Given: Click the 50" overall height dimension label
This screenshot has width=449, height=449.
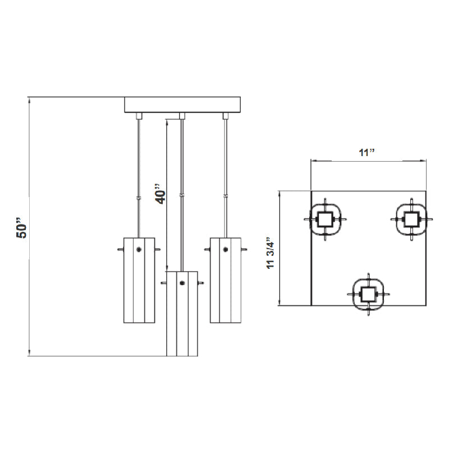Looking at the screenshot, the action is [x=22, y=228].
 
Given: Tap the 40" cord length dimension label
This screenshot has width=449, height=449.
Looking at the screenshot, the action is [x=161, y=194].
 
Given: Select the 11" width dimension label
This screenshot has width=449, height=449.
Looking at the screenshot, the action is [x=367, y=152].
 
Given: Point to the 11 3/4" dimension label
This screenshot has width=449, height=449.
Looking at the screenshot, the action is [x=271, y=253].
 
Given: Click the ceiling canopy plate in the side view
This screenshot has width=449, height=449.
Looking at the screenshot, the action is [x=182, y=105].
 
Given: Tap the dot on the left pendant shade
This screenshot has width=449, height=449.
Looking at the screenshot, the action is [x=139, y=249].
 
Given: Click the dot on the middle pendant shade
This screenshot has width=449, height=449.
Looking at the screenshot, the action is [x=182, y=283].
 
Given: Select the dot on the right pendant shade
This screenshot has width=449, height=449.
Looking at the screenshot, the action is [x=226, y=249].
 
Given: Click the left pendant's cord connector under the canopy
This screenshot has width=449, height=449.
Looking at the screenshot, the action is [x=139, y=116].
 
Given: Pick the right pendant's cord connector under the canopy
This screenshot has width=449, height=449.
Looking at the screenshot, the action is [x=226, y=116].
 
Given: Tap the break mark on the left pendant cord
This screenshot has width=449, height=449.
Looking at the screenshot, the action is [x=139, y=198].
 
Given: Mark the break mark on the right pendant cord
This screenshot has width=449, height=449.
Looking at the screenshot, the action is [x=226, y=196].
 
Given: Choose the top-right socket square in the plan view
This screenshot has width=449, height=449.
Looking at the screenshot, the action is [x=411, y=219].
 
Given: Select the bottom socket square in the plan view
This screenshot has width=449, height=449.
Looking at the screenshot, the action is [x=369, y=294].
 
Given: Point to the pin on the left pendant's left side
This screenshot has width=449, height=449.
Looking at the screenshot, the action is [x=121, y=249].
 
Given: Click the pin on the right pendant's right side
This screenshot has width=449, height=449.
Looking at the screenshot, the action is [x=244, y=249].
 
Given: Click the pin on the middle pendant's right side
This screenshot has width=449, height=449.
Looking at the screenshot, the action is [x=201, y=283].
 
